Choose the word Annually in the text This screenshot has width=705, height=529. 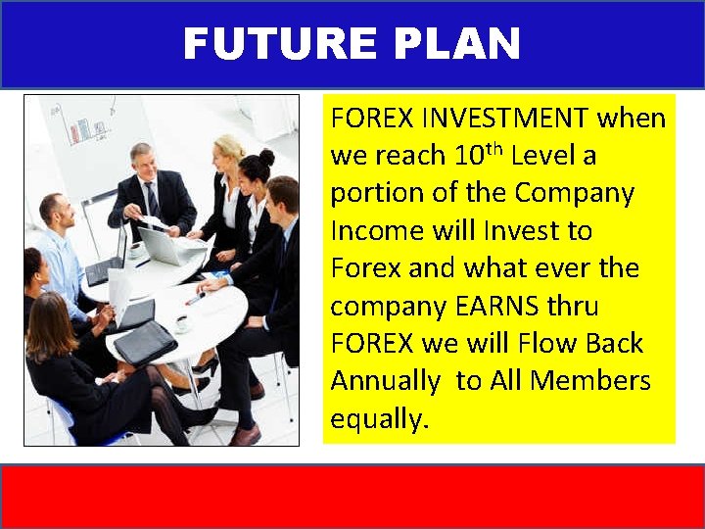click(x=387, y=380)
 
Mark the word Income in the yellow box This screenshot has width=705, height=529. click(x=374, y=230)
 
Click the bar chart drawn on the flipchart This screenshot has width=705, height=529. click(x=88, y=127)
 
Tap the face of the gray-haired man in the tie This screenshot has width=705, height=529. click(x=143, y=163)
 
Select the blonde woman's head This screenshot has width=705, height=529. click(x=229, y=152)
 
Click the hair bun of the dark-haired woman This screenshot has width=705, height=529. click(x=266, y=157)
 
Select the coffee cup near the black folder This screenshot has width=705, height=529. click(x=182, y=323)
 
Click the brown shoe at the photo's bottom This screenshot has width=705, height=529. click(x=245, y=435)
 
